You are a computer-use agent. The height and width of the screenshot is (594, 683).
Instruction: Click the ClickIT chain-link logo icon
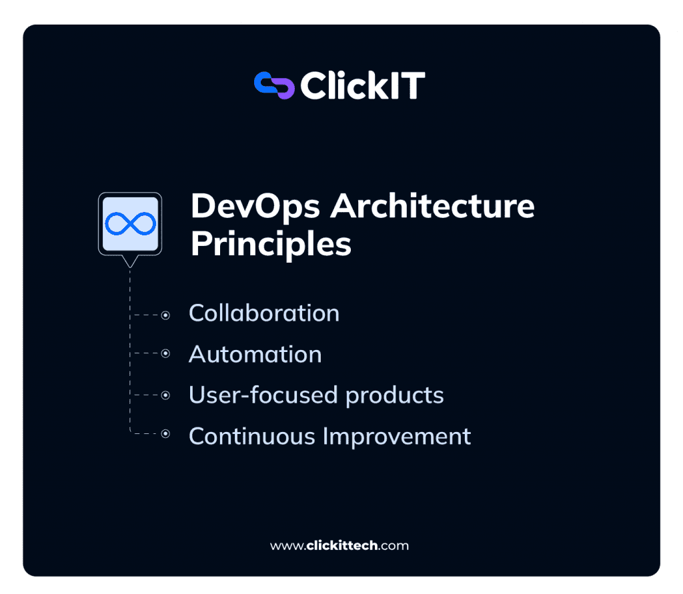[274, 85]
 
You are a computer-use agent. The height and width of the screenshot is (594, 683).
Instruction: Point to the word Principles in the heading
[271, 244]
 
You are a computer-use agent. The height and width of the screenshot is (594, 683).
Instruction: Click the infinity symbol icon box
[130, 224]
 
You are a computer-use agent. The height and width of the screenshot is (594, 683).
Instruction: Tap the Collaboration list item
[264, 313]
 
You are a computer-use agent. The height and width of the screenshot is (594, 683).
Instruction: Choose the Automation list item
[255, 354]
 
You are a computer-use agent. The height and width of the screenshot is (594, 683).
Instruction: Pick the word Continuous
[252, 437]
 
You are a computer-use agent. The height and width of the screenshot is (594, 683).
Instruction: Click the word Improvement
[397, 437]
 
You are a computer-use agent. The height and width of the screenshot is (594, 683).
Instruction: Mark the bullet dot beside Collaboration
[165, 315]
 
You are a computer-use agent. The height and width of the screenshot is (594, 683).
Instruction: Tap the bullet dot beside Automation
[165, 354]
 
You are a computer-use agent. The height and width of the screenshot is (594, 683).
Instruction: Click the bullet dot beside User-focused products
[165, 395]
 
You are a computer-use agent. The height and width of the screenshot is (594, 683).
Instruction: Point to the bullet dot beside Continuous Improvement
[165, 435]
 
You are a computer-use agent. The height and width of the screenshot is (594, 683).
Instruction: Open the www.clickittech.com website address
[339, 545]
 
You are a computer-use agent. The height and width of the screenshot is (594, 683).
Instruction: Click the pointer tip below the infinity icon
[130, 263]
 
